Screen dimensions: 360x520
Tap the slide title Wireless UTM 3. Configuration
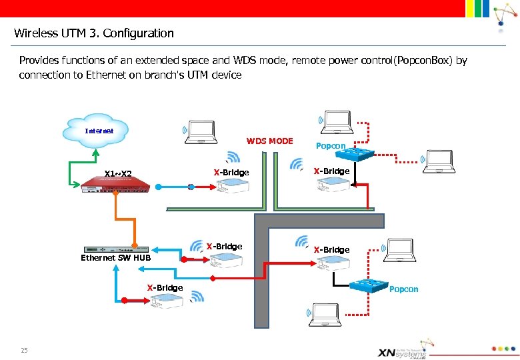[93, 33]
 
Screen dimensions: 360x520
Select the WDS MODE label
[269, 141]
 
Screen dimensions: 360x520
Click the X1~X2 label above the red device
[119, 175]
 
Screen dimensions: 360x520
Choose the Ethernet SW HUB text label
[115, 258]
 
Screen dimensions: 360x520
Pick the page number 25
[24, 350]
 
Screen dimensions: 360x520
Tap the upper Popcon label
[330, 146]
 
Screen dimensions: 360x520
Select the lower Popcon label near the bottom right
[403, 289]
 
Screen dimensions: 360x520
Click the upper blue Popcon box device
[355, 154]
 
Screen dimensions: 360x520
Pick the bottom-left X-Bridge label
[165, 287]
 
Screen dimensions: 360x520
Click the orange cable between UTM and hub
[134, 220]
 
